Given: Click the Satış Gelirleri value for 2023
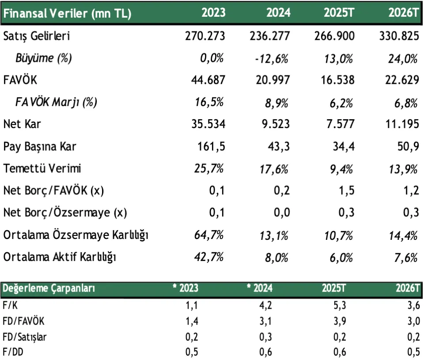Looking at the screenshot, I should [205, 36].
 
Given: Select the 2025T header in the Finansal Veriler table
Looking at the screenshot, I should [339, 13].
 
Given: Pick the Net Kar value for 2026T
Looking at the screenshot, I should [399, 124].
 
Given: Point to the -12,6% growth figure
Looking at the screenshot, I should [272, 58].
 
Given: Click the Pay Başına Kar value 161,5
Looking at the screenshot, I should [212, 146].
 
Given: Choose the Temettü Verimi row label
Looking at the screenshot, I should [42, 168].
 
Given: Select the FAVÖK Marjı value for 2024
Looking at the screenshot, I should [277, 102].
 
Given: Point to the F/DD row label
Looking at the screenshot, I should [13, 353].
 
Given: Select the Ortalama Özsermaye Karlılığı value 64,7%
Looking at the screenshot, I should [209, 235].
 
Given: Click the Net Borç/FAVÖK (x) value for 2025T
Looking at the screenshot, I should [347, 191].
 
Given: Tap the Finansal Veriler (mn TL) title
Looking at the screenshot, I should [67, 13].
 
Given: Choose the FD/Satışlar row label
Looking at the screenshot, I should [25, 337].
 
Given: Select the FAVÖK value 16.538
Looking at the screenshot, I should [334, 80].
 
